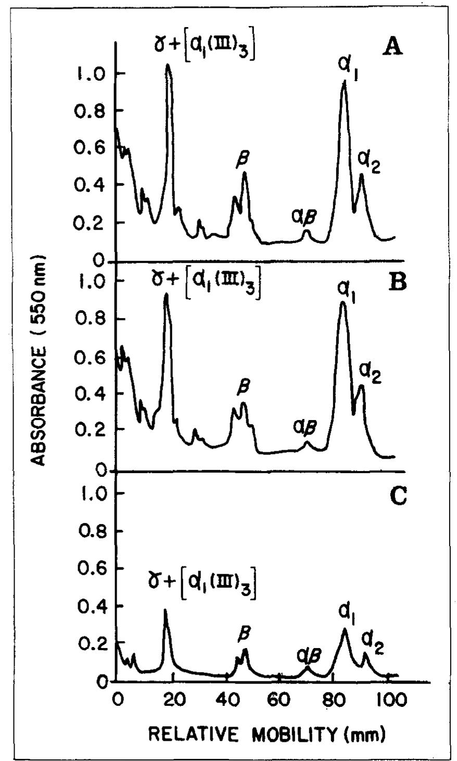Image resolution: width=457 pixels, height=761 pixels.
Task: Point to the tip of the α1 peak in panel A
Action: coord(344,82)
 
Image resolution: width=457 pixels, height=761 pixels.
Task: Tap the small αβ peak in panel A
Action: coord(307,231)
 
